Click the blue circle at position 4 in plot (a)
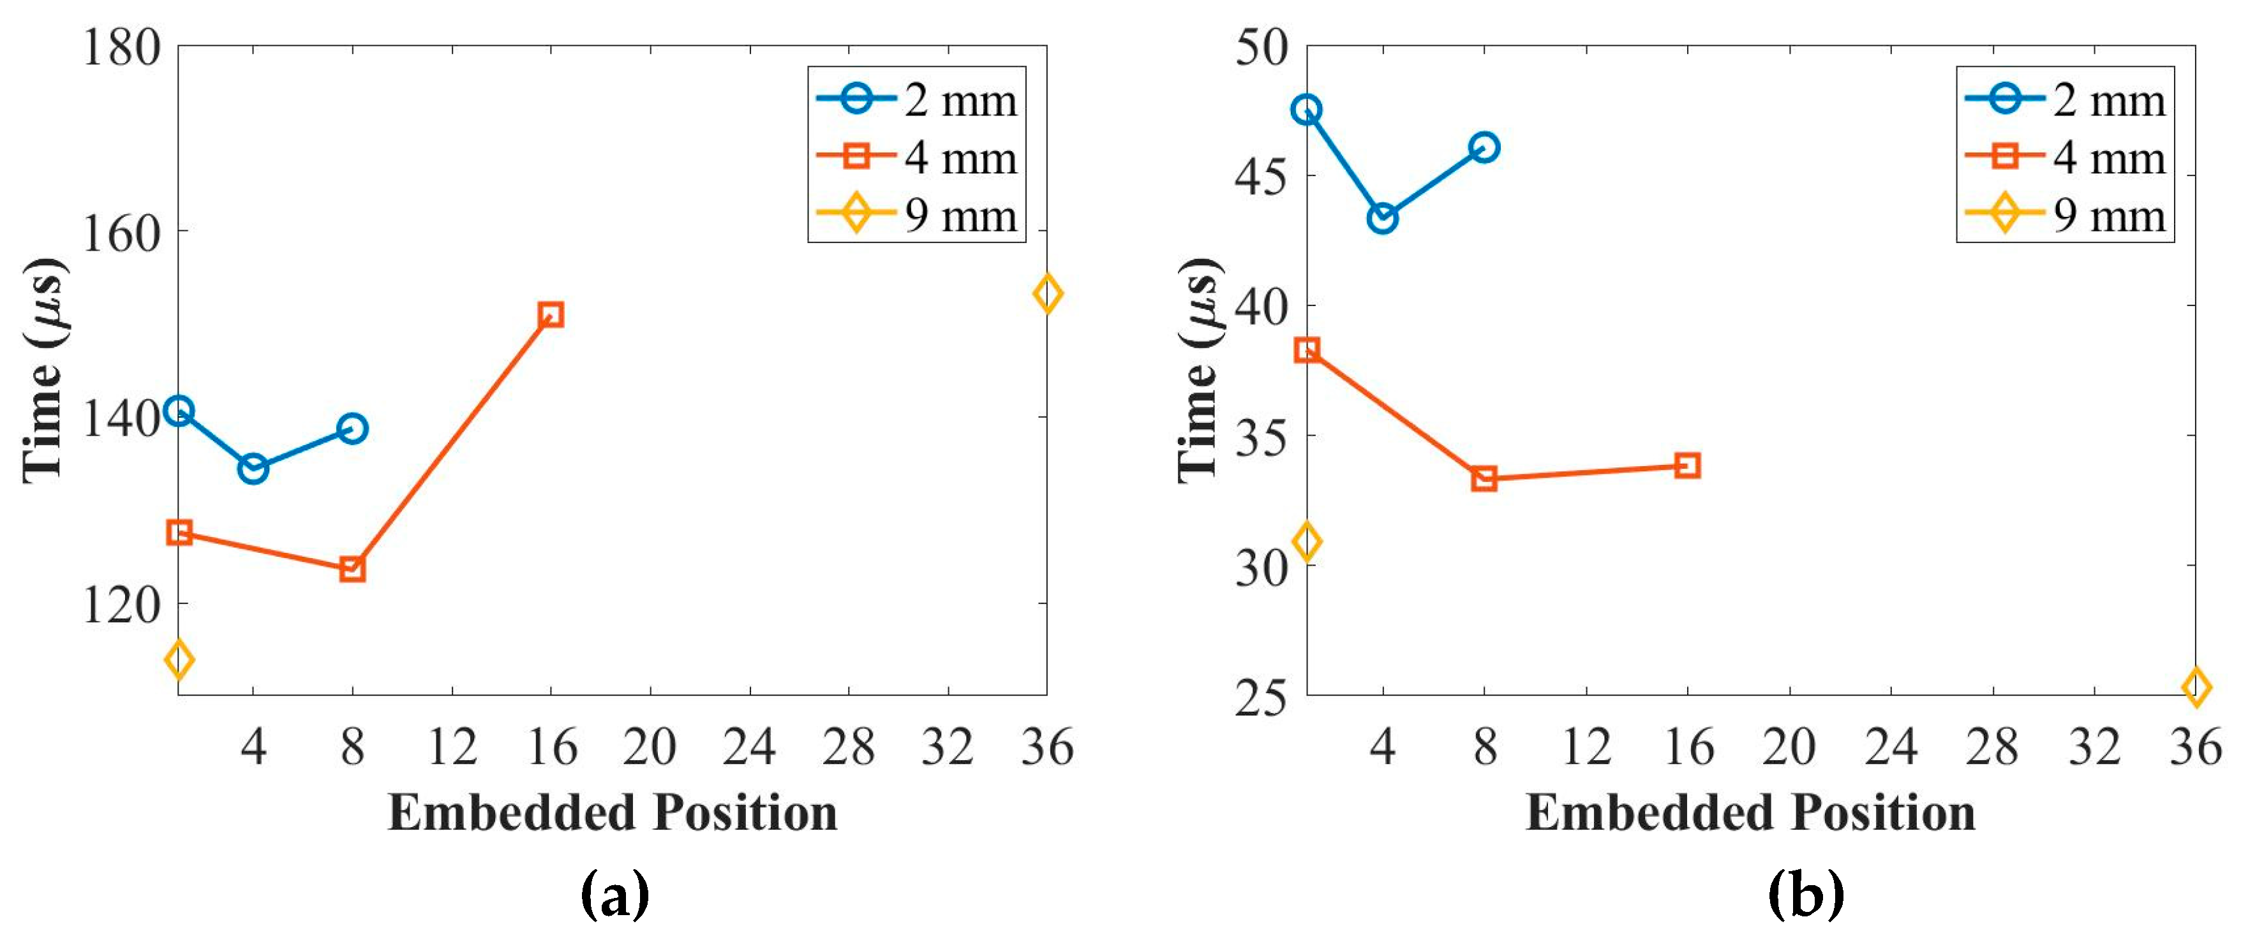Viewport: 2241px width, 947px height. click(253, 469)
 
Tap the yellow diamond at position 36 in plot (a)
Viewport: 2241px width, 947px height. click(1047, 293)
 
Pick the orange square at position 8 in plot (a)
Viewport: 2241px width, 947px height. click(352, 569)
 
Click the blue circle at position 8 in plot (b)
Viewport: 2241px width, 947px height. click(1484, 147)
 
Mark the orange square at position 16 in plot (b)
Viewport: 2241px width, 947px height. click(1688, 466)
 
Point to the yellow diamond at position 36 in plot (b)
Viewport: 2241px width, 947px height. click(2196, 687)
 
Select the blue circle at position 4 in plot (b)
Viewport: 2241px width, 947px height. click(1382, 218)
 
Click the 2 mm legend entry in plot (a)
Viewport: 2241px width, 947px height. click(916, 100)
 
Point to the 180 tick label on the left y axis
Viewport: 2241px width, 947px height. click(122, 47)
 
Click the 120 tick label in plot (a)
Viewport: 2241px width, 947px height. click(122, 605)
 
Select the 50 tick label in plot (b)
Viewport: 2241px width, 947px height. click(1261, 47)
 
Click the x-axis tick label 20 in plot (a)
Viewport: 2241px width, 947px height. click(650, 746)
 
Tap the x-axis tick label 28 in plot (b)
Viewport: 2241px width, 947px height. click(1992, 746)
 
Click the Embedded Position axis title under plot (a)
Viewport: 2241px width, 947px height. click(613, 813)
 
